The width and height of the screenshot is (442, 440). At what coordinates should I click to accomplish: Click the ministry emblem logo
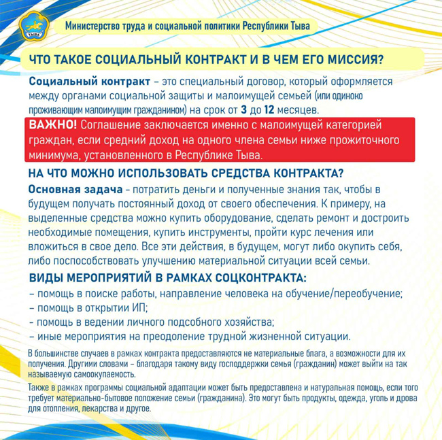(x=31, y=25)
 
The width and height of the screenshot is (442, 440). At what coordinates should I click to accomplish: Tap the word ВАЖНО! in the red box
(x=53, y=125)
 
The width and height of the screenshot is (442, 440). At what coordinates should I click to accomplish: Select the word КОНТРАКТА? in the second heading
(x=297, y=173)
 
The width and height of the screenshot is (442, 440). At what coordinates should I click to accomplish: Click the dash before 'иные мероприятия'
(x=33, y=336)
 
